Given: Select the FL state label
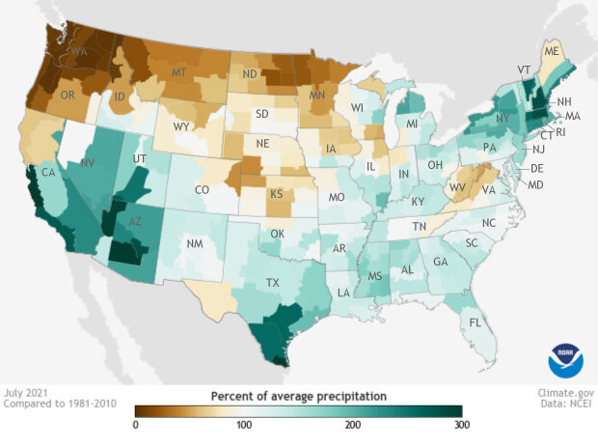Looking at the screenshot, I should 474,321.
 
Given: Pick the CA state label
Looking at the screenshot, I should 45,173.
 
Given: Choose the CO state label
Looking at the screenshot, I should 202,190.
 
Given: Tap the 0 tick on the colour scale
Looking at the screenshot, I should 136,425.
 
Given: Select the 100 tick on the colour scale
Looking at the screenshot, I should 244,425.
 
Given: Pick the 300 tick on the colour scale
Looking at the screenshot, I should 461,425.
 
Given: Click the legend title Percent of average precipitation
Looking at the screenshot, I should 299,396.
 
